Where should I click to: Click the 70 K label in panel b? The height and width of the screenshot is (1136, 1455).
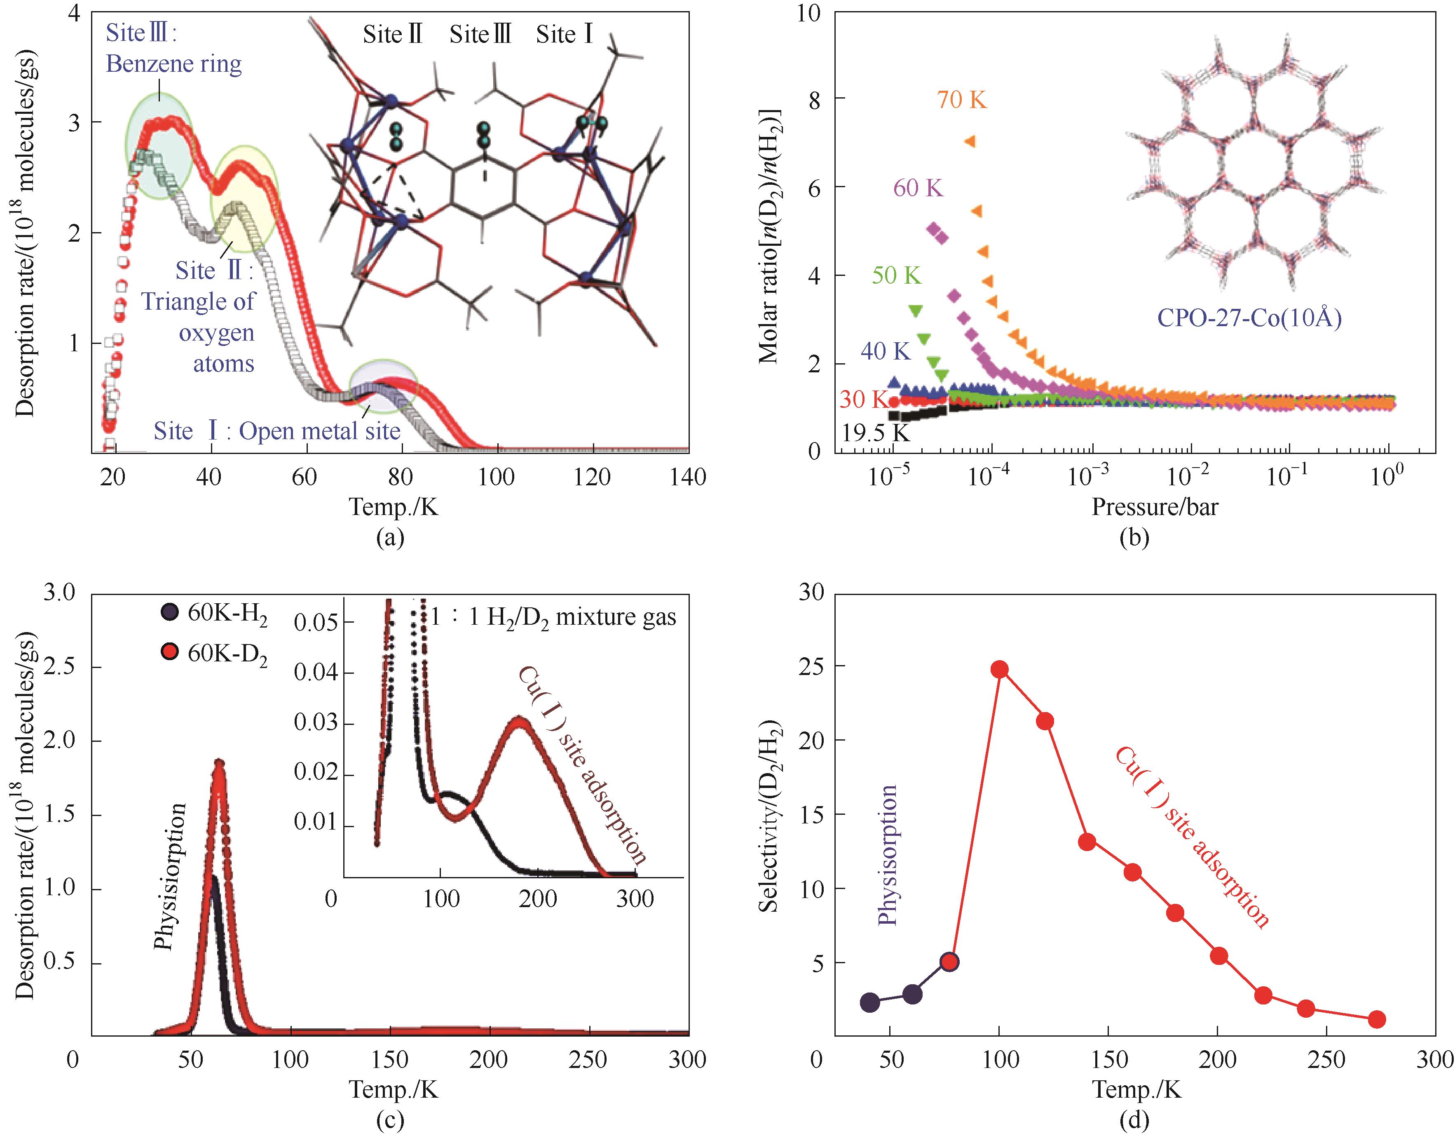tap(961, 100)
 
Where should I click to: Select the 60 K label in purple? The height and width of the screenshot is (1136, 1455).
tap(918, 189)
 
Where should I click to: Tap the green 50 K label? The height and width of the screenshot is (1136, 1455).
tap(896, 275)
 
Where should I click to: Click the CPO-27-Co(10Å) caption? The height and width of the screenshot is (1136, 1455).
tap(1249, 318)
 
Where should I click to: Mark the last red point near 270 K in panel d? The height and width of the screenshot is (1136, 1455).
tap(1377, 1019)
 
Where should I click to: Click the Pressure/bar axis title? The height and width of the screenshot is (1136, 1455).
tap(1155, 507)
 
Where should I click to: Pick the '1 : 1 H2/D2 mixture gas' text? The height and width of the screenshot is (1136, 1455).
tap(553, 617)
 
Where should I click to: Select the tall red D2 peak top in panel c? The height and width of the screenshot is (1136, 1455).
tap(218, 763)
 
